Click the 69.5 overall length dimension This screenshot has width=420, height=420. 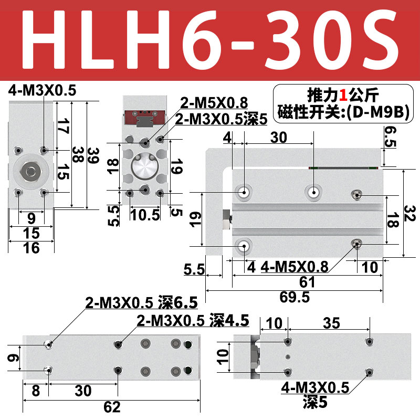[x=293, y=297]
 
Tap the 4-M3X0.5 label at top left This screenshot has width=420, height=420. [x=42, y=91]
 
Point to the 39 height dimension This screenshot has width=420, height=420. [x=93, y=156]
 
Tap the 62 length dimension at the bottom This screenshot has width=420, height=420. [x=112, y=407]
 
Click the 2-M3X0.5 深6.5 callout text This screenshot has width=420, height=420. [x=142, y=303]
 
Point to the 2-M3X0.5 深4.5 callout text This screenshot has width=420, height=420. [x=193, y=320]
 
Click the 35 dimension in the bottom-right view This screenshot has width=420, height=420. [x=331, y=323]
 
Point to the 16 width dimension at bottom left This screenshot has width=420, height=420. [x=31, y=248]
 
